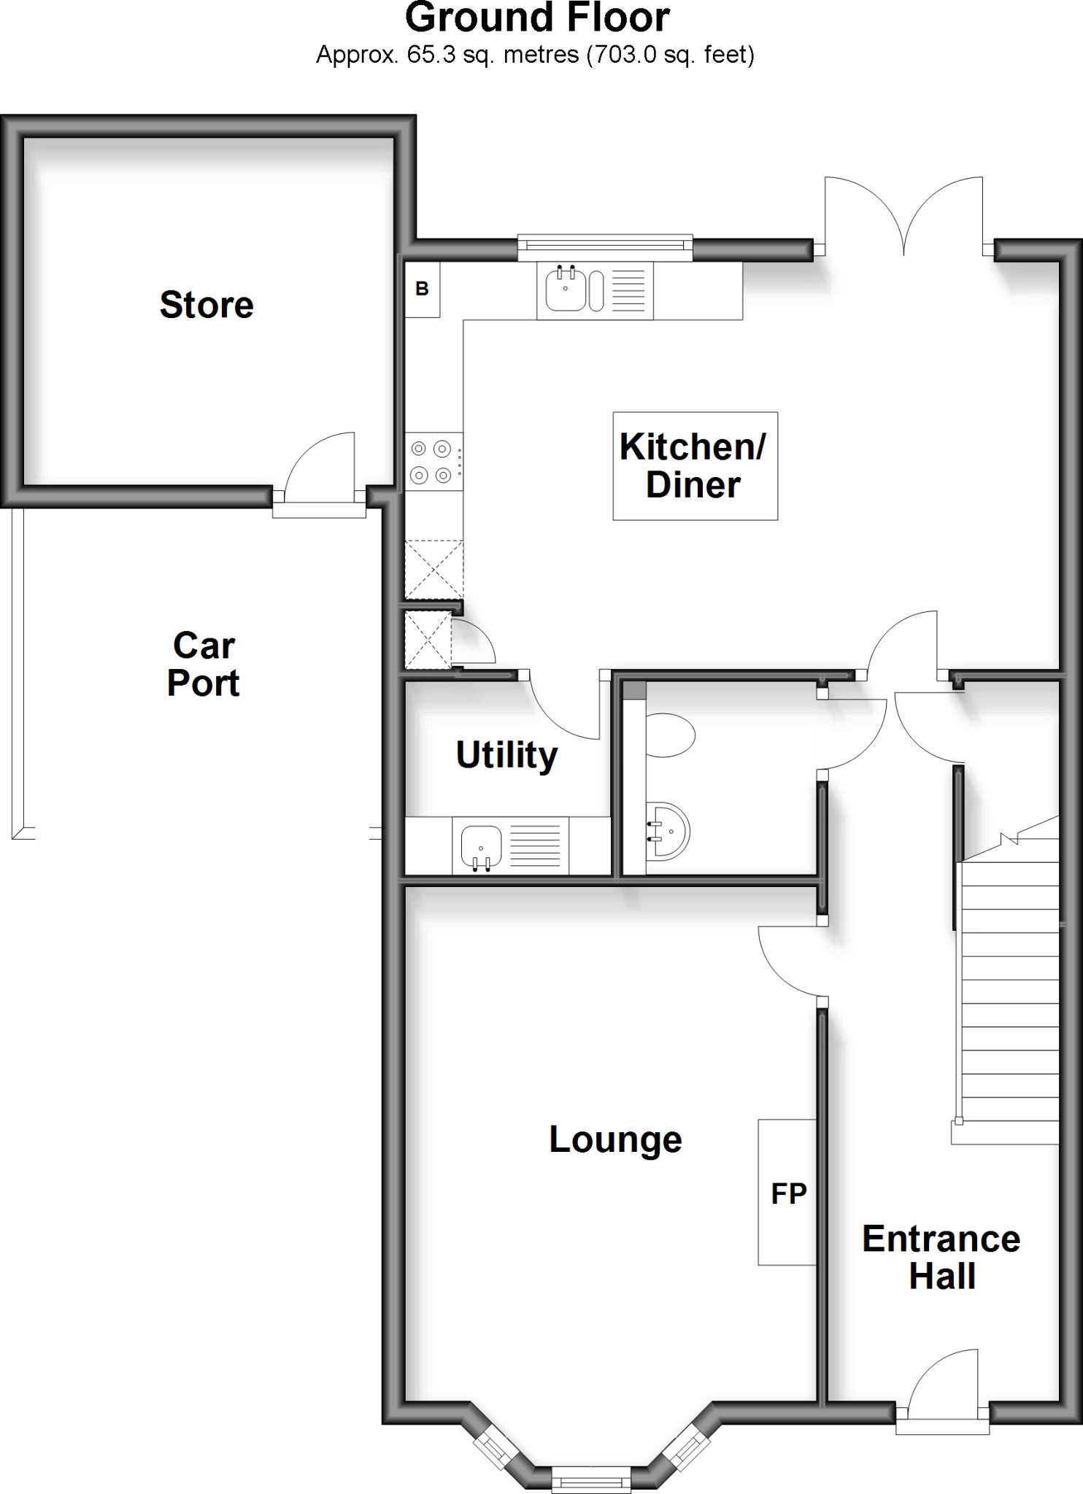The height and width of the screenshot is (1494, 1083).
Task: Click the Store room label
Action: click(207, 305)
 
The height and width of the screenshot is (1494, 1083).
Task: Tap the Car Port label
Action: click(204, 665)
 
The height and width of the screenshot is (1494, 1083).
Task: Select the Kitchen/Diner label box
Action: click(695, 466)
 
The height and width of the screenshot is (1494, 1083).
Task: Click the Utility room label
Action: click(506, 755)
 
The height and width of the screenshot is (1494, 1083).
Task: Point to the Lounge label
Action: click(615, 1139)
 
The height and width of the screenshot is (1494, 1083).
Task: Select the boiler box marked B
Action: click(423, 289)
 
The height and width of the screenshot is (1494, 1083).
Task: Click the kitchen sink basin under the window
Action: click(566, 290)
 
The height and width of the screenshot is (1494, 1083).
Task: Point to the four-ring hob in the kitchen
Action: click(432, 462)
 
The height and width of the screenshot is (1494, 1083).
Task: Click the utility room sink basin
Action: click(481, 847)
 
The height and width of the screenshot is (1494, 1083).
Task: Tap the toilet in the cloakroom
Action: click(670, 735)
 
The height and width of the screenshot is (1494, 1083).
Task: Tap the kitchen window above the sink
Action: click(605, 247)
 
